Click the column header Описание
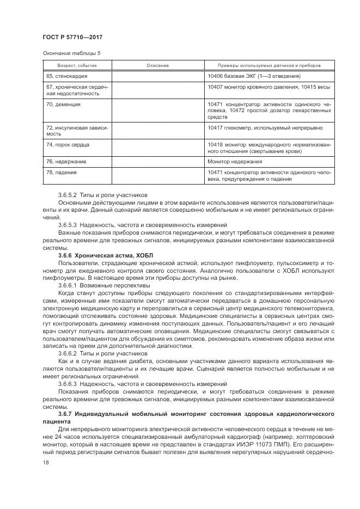(x=157, y=65)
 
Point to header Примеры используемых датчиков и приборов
(x=269, y=65)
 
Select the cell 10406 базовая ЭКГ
(x=254, y=76)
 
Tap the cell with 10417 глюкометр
(x=265, y=128)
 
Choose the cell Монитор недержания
(x=235, y=162)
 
